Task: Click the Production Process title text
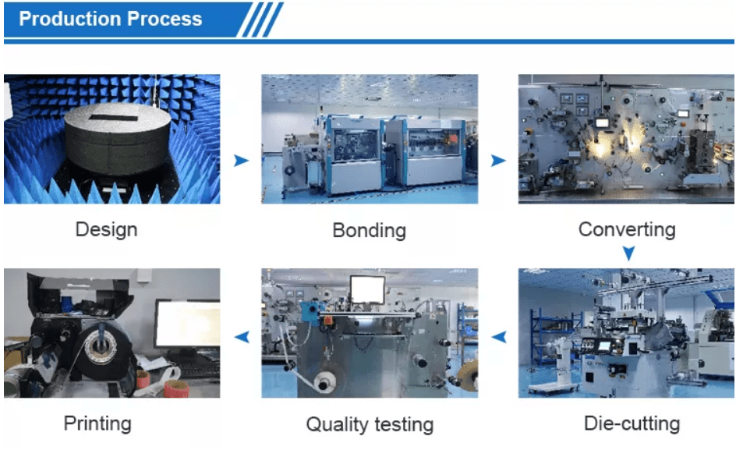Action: (110, 19)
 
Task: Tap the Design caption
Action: (107, 230)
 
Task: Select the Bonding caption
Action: (370, 230)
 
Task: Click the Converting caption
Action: (627, 229)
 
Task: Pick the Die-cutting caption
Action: (632, 424)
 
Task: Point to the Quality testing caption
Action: (370, 425)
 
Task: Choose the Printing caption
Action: (97, 424)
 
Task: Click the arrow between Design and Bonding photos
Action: (241, 161)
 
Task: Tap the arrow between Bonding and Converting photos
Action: (498, 161)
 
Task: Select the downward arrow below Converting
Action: (628, 253)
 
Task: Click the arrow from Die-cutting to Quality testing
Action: (499, 336)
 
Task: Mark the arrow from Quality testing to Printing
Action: (242, 336)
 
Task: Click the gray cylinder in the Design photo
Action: (118, 139)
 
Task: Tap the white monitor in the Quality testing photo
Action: (367, 289)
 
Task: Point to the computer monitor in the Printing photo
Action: (188, 324)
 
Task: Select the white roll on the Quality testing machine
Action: (324, 384)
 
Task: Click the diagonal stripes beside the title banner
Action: (260, 19)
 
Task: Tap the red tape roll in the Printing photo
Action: (176, 389)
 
